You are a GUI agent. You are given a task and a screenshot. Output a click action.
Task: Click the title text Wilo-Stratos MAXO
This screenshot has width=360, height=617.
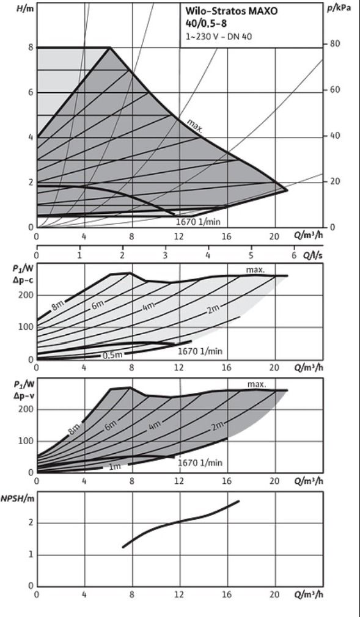point(232,12)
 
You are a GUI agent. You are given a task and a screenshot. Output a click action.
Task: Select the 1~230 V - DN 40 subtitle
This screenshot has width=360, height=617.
point(219,37)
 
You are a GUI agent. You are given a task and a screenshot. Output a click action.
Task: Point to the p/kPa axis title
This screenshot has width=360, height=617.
point(339,8)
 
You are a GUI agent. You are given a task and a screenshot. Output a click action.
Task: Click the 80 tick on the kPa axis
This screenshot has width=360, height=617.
point(334,43)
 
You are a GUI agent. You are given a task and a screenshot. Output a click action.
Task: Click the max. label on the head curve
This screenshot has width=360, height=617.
point(194,126)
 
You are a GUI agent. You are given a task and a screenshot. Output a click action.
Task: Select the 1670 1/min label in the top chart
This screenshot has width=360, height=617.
point(198,222)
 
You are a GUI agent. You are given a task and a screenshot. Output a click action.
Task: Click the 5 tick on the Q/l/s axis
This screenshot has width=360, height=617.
point(251,255)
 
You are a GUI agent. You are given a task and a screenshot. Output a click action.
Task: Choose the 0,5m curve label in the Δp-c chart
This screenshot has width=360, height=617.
point(112,355)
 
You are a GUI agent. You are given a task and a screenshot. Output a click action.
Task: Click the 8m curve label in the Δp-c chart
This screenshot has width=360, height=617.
point(58,305)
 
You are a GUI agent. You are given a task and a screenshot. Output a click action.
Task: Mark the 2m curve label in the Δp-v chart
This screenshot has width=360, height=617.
point(216,426)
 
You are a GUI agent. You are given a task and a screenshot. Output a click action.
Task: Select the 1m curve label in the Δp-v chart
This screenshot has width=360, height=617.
point(115,467)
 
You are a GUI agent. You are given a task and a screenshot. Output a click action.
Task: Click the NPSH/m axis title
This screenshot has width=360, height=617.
point(17,498)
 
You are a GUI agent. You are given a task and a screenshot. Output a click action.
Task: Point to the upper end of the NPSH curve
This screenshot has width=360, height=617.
point(239,501)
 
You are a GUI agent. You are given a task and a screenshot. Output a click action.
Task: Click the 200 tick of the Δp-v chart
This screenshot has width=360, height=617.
point(25,409)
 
